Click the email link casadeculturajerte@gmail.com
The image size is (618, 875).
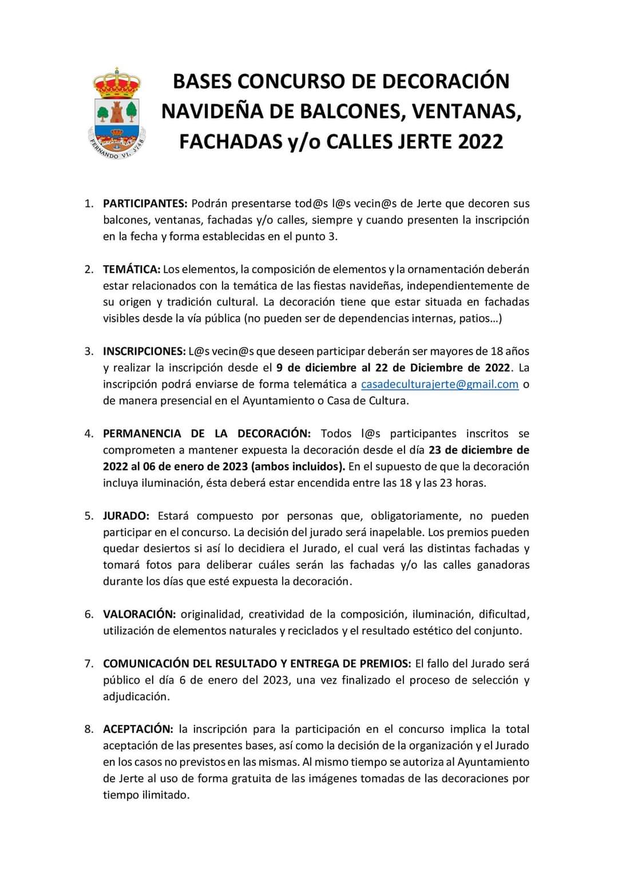(439, 384)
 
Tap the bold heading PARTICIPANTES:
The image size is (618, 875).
(145, 203)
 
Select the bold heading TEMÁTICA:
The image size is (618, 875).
(132, 269)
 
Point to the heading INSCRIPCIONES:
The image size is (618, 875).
(144, 351)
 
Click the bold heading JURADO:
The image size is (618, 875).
(126, 516)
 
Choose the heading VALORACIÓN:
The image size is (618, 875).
(139, 614)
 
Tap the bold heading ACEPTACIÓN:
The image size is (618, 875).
(138, 729)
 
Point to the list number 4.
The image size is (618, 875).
(89, 433)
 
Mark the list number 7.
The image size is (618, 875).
(89, 664)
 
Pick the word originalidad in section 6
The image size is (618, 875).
(211, 614)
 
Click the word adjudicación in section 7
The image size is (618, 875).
(136, 697)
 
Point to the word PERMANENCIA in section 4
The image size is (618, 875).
(142, 433)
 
